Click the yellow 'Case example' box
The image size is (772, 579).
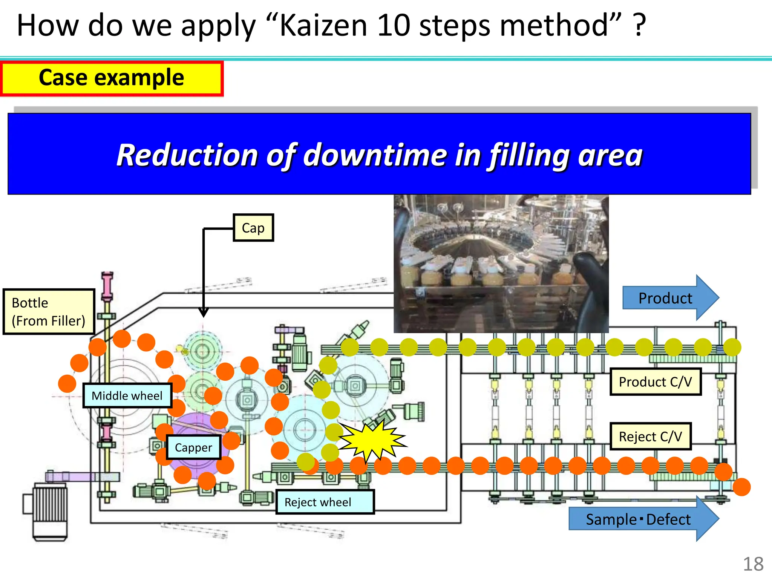click(112, 78)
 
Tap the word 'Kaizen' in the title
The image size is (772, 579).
click(323, 26)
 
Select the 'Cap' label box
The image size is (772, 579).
click(253, 228)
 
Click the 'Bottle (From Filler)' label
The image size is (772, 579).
click(49, 312)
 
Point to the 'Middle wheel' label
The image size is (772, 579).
click(127, 395)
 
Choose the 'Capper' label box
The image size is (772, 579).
click(193, 447)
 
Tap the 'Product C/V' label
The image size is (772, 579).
click(655, 382)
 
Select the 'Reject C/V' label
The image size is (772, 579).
click(650, 437)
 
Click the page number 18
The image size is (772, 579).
click(753, 564)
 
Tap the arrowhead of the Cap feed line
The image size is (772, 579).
click(204, 313)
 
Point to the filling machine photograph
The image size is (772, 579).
click(501, 263)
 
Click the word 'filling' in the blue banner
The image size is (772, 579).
click(530, 155)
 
